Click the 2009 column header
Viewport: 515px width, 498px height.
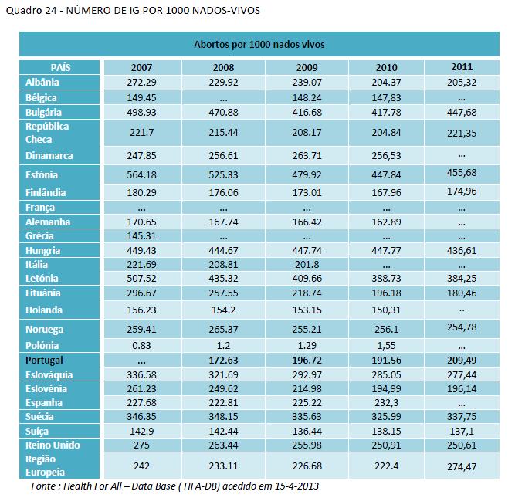[307, 68]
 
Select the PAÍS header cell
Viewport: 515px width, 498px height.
[60, 68]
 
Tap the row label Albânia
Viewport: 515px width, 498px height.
[42, 83]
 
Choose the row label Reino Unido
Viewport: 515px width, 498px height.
[53, 445]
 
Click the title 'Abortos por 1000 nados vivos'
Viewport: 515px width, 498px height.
[259, 45]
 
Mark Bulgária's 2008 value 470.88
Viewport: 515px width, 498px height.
[224, 113]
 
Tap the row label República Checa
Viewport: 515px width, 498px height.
[47, 132]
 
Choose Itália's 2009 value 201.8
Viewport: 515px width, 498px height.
[307, 265]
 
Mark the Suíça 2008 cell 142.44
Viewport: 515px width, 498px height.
[224, 431]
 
